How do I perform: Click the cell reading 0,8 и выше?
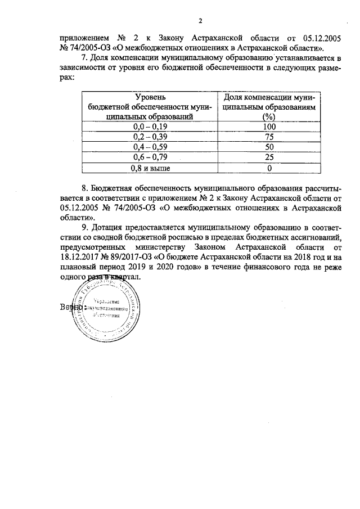pyautogui.click(x=150, y=168)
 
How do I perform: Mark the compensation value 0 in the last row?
pyautogui.click(x=269, y=168)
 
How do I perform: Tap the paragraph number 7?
pyautogui.click(x=84, y=58)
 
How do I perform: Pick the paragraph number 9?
pyautogui.click(x=84, y=227)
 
